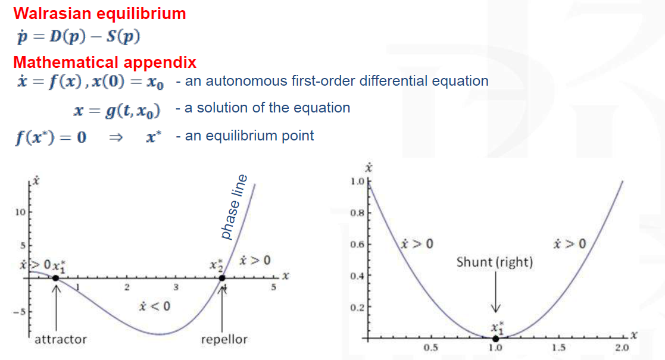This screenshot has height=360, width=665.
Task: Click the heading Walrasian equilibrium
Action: (x=99, y=14)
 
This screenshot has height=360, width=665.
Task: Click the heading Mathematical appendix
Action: (x=105, y=62)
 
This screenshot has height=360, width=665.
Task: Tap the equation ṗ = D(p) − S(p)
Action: (x=79, y=37)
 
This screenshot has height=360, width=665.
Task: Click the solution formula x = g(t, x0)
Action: (x=117, y=110)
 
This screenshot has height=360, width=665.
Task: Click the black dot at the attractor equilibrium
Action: (x=55, y=278)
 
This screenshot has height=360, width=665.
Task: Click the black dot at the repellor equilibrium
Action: (x=222, y=278)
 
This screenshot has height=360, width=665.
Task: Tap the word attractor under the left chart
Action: (x=61, y=339)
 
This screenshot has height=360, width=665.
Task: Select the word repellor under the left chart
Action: (x=224, y=339)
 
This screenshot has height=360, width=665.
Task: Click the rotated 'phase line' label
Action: (x=234, y=207)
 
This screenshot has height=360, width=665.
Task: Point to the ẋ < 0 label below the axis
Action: (x=154, y=306)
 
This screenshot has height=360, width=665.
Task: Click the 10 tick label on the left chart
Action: (x=20, y=212)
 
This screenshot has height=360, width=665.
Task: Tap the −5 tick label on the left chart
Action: (x=19, y=312)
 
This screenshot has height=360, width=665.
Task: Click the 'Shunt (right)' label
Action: (x=495, y=262)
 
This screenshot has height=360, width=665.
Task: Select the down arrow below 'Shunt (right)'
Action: (x=496, y=292)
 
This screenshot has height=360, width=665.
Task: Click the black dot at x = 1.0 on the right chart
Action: (x=495, y=339)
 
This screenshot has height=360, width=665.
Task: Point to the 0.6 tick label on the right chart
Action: (x=357, y=245)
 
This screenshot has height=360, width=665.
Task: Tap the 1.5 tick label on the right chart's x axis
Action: (x=558, y=348)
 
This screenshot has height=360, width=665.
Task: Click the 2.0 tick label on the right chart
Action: (x=622, y=348)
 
